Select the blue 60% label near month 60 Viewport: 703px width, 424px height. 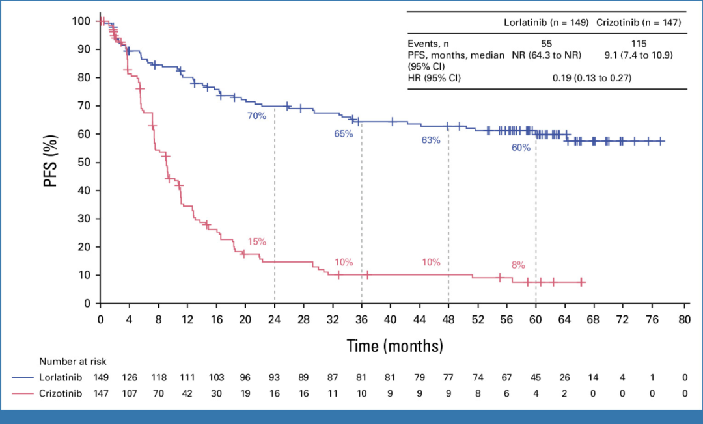[x=521, y=148]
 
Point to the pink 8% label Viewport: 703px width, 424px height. [x=518, y=265]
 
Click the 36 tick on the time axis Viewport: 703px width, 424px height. [x=361, y=319]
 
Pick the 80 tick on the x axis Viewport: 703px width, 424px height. [x=683, y=319]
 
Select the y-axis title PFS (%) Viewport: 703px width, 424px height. [x=51, y=161]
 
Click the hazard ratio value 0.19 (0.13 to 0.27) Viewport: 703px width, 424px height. [x=592, y=79]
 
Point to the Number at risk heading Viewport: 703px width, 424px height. [x=72, y=362]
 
